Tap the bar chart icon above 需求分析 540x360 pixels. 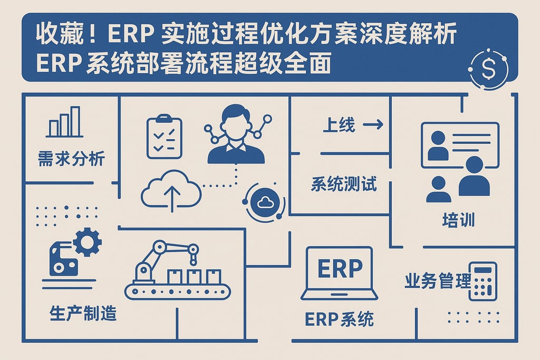pos(64,122)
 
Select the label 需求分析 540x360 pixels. pos(72,158)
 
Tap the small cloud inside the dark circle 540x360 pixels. pos(263,201)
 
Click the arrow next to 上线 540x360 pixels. pos(373,125)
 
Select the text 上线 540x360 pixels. pos(339,125)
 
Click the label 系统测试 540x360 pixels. pos(344,185)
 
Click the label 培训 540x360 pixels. pos(458,219)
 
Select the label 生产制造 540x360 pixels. pos(83,314)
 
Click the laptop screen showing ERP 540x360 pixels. pos(340,269)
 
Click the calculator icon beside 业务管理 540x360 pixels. pos(483,281)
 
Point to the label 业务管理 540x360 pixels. pos(437,281)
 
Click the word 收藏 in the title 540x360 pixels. pos(54,35)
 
